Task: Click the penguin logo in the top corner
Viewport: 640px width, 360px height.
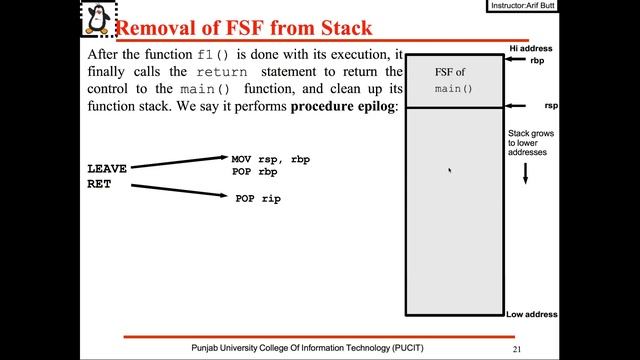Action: [96, 19]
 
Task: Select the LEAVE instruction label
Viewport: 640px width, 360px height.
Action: [107, 169]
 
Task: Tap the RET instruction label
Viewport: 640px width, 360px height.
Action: [99, 184]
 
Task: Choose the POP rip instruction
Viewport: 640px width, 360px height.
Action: [258, 199]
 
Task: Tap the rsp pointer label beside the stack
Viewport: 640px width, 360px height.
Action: [550, 104]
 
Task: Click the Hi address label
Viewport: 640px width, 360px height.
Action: [530, 48]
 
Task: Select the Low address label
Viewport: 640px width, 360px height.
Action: [531, 315]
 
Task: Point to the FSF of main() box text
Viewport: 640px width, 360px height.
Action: [452, 81]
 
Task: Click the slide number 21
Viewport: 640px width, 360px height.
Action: [516, 349]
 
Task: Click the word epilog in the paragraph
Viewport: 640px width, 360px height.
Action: [373, 107]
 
